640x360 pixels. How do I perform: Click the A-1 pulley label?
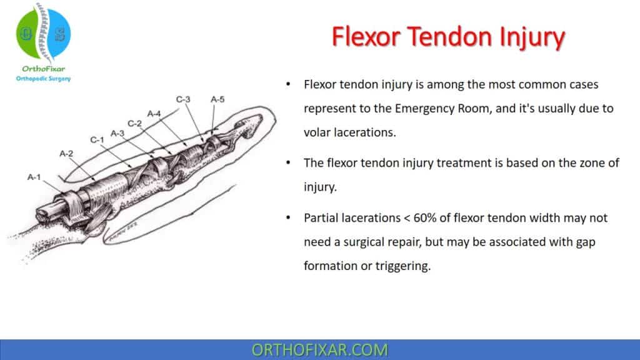click(33, 177)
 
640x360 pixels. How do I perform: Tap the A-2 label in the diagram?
click(66, 152)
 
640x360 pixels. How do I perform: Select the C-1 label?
click(96, 140)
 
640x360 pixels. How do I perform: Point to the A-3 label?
click(117, 133)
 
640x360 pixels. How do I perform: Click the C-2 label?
click(135, 122)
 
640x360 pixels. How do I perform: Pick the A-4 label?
click(154, 113)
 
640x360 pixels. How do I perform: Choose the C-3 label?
click(182, 99)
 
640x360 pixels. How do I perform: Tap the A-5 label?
click(217, 99)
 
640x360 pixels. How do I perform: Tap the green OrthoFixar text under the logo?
click(43, 69)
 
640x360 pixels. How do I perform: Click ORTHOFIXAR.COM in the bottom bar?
click(319, 350)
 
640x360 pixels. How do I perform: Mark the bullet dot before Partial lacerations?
click(287, 218)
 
